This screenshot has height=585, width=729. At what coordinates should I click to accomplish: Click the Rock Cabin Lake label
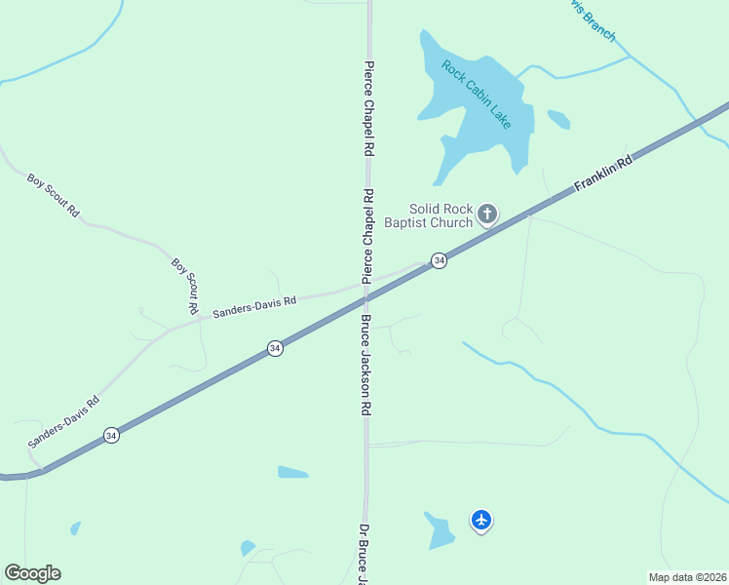(x=476, y=95)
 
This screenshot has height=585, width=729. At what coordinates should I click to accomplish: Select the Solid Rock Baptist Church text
(x=441, y=215)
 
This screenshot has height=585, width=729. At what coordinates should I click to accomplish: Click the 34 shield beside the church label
(x=440, y=260)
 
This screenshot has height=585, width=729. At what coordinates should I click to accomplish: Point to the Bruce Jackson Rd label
(x=366, y=366)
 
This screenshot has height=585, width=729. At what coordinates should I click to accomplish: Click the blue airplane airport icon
(x=480, y=520)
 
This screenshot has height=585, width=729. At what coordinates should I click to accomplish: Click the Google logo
(x=32, y=573)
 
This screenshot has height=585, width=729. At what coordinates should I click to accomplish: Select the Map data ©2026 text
(x=688, y=577)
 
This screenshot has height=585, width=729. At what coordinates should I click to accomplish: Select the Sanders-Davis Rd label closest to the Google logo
(x=64, y=421)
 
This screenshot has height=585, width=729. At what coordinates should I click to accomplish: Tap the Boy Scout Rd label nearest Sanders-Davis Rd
(x=186, y=284)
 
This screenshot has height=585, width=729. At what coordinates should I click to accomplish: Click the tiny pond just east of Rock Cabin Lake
(x=558, y=119)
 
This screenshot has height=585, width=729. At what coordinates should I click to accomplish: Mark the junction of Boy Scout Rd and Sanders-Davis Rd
(x=198, y=318)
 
